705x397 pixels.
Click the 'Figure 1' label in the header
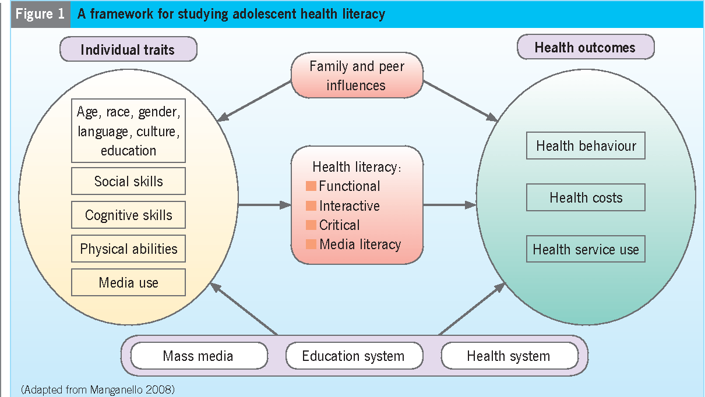point(40,14)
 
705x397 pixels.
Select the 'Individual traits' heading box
point(128,49)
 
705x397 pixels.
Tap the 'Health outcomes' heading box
point(585,47)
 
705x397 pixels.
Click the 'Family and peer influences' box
point(356,76)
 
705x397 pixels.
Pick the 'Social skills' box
point(128,182)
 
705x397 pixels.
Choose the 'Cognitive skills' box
point(128,215)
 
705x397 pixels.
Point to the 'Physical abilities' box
point(128,249)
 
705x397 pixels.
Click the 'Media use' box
point(128,283)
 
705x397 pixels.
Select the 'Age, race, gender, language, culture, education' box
point(128,131)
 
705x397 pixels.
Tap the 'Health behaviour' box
point(586,146)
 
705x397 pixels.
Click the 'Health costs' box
point(586,198)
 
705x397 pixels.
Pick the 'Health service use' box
point(586,250)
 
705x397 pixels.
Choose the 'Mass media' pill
point(198,356)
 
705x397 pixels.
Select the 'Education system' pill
point(353,356)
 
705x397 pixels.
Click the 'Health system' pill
point(508,356)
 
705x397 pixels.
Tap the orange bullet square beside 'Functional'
point(311,186)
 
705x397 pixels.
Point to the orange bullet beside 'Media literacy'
point(311,244)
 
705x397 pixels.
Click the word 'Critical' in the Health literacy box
point(340,225)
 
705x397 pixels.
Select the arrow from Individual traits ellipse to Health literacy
point(265,205)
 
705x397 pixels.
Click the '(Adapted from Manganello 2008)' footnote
point(97,389)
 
